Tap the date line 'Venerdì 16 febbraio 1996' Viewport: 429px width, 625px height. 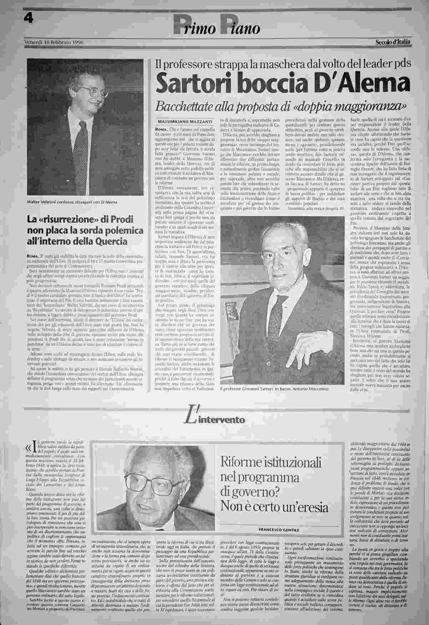click(54, 42)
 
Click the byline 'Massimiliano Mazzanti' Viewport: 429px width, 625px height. click(185, 122)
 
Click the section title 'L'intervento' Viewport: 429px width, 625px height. click(214, 418)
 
